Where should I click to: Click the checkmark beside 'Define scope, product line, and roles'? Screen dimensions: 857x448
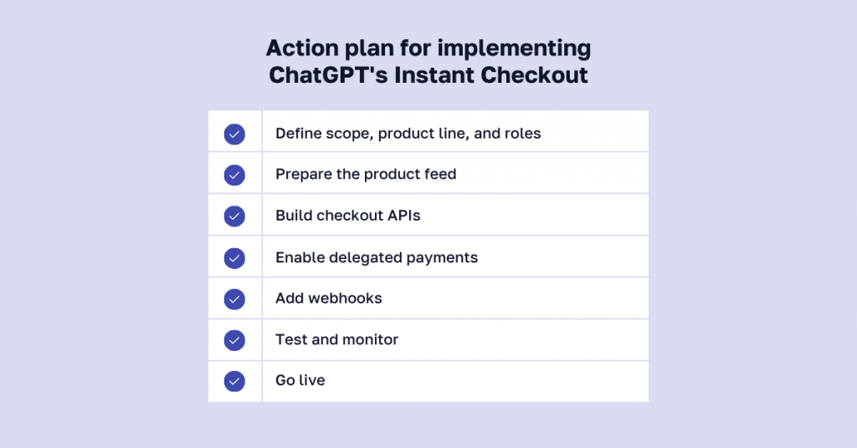coord(234,135)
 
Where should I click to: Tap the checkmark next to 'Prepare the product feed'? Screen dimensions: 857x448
coord(234,176)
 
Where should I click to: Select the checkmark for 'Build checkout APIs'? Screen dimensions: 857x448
coord(234,216)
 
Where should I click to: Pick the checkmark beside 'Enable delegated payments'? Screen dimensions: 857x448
coord(234,258)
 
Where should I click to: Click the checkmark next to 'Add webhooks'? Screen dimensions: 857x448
coord(234,299)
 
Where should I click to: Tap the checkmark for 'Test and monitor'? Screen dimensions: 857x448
coord(234,340)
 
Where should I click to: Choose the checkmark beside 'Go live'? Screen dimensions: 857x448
coord(234,381)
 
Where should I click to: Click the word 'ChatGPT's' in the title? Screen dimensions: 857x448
coord(328,74)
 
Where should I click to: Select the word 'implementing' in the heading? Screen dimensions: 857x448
coord(514,48)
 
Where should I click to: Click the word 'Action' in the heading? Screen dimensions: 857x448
coord(301,48)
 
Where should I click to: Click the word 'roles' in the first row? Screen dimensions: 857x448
coord(524,133)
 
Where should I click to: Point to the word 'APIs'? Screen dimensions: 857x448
coord(404,216)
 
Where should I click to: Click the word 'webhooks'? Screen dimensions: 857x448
coord(345,298)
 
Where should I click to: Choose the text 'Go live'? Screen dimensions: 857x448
coord(300,380)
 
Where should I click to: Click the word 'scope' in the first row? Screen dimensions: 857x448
coord(349,134)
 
